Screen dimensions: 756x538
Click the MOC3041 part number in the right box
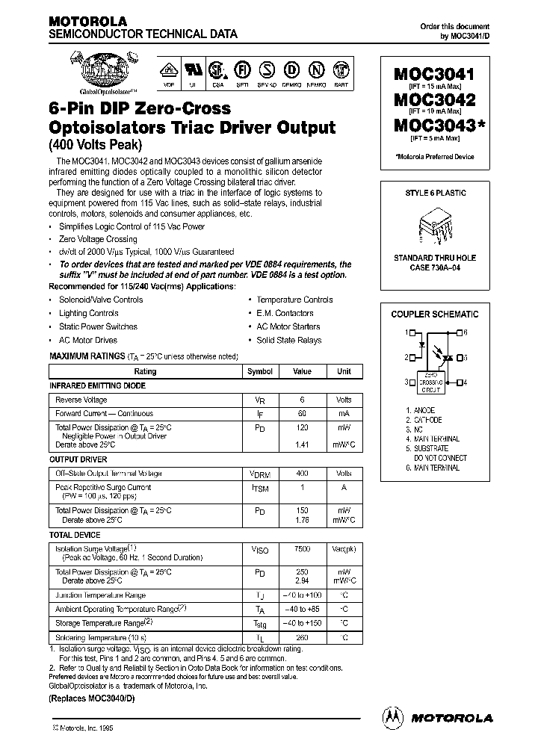(433, 75)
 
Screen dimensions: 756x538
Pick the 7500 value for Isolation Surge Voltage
(302, 549)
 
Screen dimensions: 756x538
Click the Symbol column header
(260, 371)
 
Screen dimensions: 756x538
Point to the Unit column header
(344, 371)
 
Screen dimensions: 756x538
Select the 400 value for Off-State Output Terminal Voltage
(302, 474)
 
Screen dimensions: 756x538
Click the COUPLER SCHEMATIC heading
(435, 315)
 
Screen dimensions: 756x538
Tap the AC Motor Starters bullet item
(288, 326)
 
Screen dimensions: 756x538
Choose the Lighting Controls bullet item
(88, 313)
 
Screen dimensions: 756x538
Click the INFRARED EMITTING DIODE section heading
(97, 385)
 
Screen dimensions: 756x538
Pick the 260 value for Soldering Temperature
(302, 637)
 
